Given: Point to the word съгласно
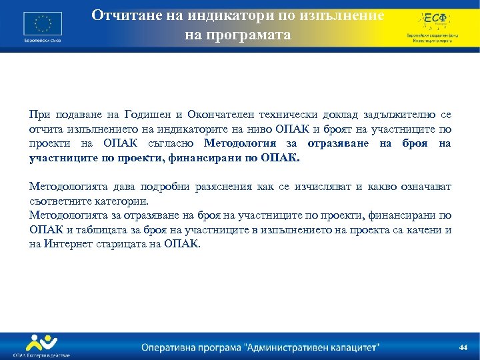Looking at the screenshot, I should point(168,143).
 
